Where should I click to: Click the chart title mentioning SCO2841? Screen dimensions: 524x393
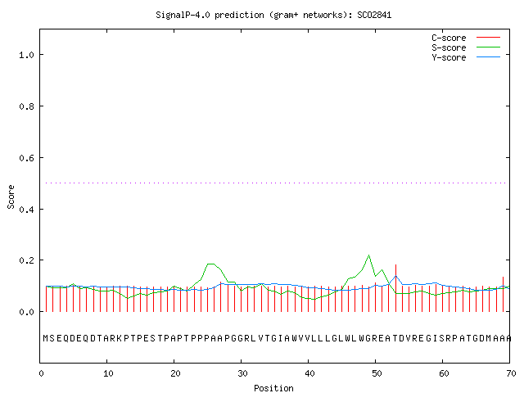(273, 15)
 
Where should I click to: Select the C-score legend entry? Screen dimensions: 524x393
(466, 38)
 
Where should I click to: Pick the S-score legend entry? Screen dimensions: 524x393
(466, 47)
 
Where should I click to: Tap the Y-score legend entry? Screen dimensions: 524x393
(466, 57)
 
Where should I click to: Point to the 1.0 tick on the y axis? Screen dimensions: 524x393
(27, 55)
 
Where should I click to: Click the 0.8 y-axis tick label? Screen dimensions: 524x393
(27, 106)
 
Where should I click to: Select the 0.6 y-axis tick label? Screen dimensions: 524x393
(27, 158)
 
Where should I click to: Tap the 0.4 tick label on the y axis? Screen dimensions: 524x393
(27, 210)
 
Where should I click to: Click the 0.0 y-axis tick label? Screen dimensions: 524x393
(27, 312)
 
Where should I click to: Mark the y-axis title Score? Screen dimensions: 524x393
(11, 196)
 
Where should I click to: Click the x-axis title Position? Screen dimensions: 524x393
(273, 388)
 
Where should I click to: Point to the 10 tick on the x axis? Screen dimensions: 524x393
(108, 373)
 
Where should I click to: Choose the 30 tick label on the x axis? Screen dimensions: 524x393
(242, 373)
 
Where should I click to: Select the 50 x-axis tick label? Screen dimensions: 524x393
(377, 373)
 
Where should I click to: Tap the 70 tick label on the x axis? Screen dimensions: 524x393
(511, 373)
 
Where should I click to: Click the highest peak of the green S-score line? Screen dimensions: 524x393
(369, 255)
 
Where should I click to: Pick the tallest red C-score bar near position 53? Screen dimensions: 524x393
(395, 288)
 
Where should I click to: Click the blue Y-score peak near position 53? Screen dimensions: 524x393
(395, 276)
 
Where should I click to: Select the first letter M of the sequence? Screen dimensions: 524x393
(46, 338)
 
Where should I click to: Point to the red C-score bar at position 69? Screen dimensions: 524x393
(503, 294)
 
